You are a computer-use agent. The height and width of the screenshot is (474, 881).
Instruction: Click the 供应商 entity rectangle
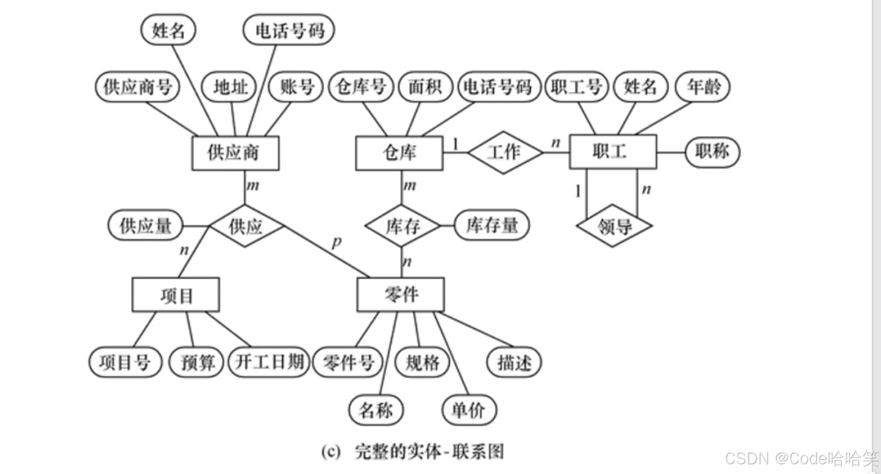pos(235,153)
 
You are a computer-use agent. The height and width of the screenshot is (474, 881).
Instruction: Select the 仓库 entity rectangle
pos(399,153)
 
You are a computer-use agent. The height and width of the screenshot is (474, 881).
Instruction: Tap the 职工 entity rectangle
pos(612,152)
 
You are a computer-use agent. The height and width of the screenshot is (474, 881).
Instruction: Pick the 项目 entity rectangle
pos(176,295)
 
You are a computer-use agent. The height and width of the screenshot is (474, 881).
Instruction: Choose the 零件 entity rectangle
pos(400,294)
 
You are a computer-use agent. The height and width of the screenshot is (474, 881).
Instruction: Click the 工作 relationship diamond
pos(505,152)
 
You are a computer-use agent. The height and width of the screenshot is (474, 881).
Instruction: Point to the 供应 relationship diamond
pos(246,226)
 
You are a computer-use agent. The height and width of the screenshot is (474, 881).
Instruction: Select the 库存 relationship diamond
pos(402,226)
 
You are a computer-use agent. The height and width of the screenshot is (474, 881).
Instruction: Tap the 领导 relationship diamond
pos(614,226)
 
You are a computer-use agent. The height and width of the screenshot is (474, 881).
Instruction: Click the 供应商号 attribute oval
pos(138,87)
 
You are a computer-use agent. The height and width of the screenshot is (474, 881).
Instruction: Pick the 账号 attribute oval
pos(296,87)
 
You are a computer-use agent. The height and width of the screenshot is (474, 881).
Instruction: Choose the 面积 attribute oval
pos(425,87)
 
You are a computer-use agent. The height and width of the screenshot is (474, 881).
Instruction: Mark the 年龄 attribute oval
pos(703,87)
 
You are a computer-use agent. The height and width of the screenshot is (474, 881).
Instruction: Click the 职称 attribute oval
pos(712,152)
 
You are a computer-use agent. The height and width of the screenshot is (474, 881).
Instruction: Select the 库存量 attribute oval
pos(492,225)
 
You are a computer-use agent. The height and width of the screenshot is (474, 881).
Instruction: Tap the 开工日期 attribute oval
pos(269,362)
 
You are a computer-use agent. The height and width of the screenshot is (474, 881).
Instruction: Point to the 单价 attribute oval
pos(469,410)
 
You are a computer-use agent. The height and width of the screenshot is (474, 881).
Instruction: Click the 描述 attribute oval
pos(514,362)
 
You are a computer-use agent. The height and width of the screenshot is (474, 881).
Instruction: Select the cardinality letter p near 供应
pos(337,241)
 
